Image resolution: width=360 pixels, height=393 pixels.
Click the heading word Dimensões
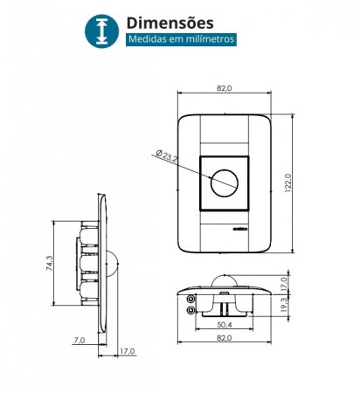point(170,23)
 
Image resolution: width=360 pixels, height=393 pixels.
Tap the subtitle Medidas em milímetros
point(181,39)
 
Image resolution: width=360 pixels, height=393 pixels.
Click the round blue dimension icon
point(101,31)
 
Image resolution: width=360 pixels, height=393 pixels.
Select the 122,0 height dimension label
point(287,183)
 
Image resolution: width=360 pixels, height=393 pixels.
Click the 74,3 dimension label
point(50,263)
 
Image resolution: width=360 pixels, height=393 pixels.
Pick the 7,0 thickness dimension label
point(79,340)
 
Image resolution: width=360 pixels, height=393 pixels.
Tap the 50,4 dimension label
point(225,325)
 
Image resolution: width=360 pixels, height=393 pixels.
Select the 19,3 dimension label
point(284,305)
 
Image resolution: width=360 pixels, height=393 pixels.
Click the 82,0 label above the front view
point(225,88)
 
